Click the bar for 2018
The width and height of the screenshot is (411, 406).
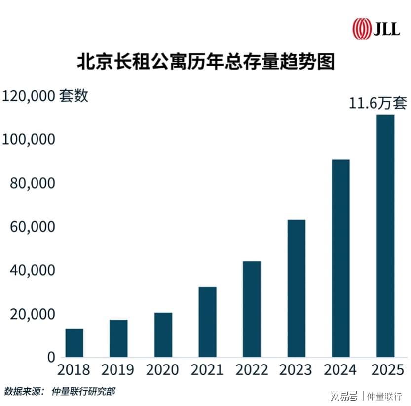tap(74, 343)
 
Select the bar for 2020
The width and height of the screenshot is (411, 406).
tap(163, 334)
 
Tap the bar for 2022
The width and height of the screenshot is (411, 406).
tap(252, 309)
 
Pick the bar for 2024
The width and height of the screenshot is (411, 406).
tap(340, 258)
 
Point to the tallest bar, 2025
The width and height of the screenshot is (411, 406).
tap(385, 236)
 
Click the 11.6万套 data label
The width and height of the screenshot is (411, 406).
tap(378, 104)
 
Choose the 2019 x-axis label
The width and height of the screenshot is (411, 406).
tap(118, 369)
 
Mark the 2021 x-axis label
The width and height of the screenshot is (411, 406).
tap(207, 369)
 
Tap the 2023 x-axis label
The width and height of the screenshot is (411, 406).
tap(296, 369)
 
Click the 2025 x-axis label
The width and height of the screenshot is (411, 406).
tap(385, 369)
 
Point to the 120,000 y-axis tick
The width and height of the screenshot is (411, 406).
tap(28, 96)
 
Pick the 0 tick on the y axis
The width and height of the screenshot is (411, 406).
tap(51, 357)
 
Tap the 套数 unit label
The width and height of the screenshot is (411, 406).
tap(74, 95)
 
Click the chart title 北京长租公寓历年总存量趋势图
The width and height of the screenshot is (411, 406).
tap(205, 63)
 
